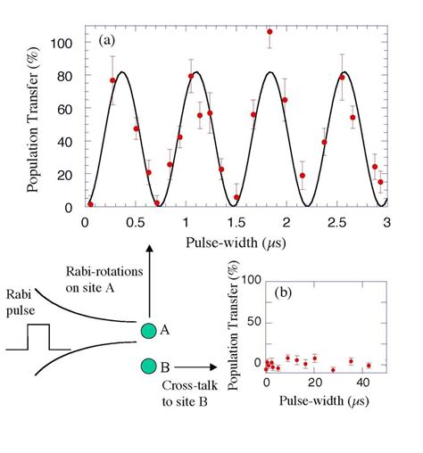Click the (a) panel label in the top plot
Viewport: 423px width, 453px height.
click(x=104, y=42)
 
